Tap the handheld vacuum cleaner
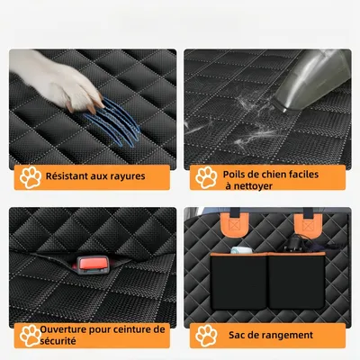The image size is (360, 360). point(312,81)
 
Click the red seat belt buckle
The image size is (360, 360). point(93,265)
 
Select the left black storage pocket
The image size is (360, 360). point(238,282)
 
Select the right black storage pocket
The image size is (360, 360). point(297,282)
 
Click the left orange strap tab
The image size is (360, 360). point(234,224)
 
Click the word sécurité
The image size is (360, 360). point(58,341)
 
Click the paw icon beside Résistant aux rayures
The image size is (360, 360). point(31,177)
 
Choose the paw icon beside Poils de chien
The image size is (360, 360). point(206,177)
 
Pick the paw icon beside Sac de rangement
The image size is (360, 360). point(206,336)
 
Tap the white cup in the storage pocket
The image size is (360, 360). point(241,250)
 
